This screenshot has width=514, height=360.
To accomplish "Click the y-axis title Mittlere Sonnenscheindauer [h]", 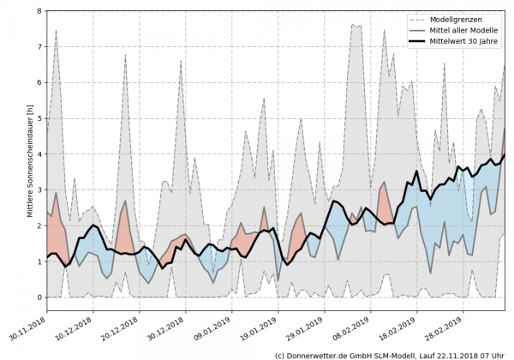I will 30,155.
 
